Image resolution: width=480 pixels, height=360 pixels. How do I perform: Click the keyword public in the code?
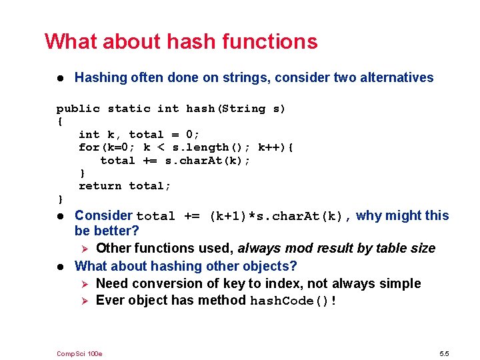coord(78,109)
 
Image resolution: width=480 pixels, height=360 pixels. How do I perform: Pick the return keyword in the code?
coord(100,186)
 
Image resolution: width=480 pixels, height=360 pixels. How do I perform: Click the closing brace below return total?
coord(61,199)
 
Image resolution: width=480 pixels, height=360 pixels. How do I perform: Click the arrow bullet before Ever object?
coord(83,301)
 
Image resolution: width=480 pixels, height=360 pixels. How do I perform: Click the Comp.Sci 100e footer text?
coord(79,353)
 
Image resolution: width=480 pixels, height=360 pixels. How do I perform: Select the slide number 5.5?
coord(445,353)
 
